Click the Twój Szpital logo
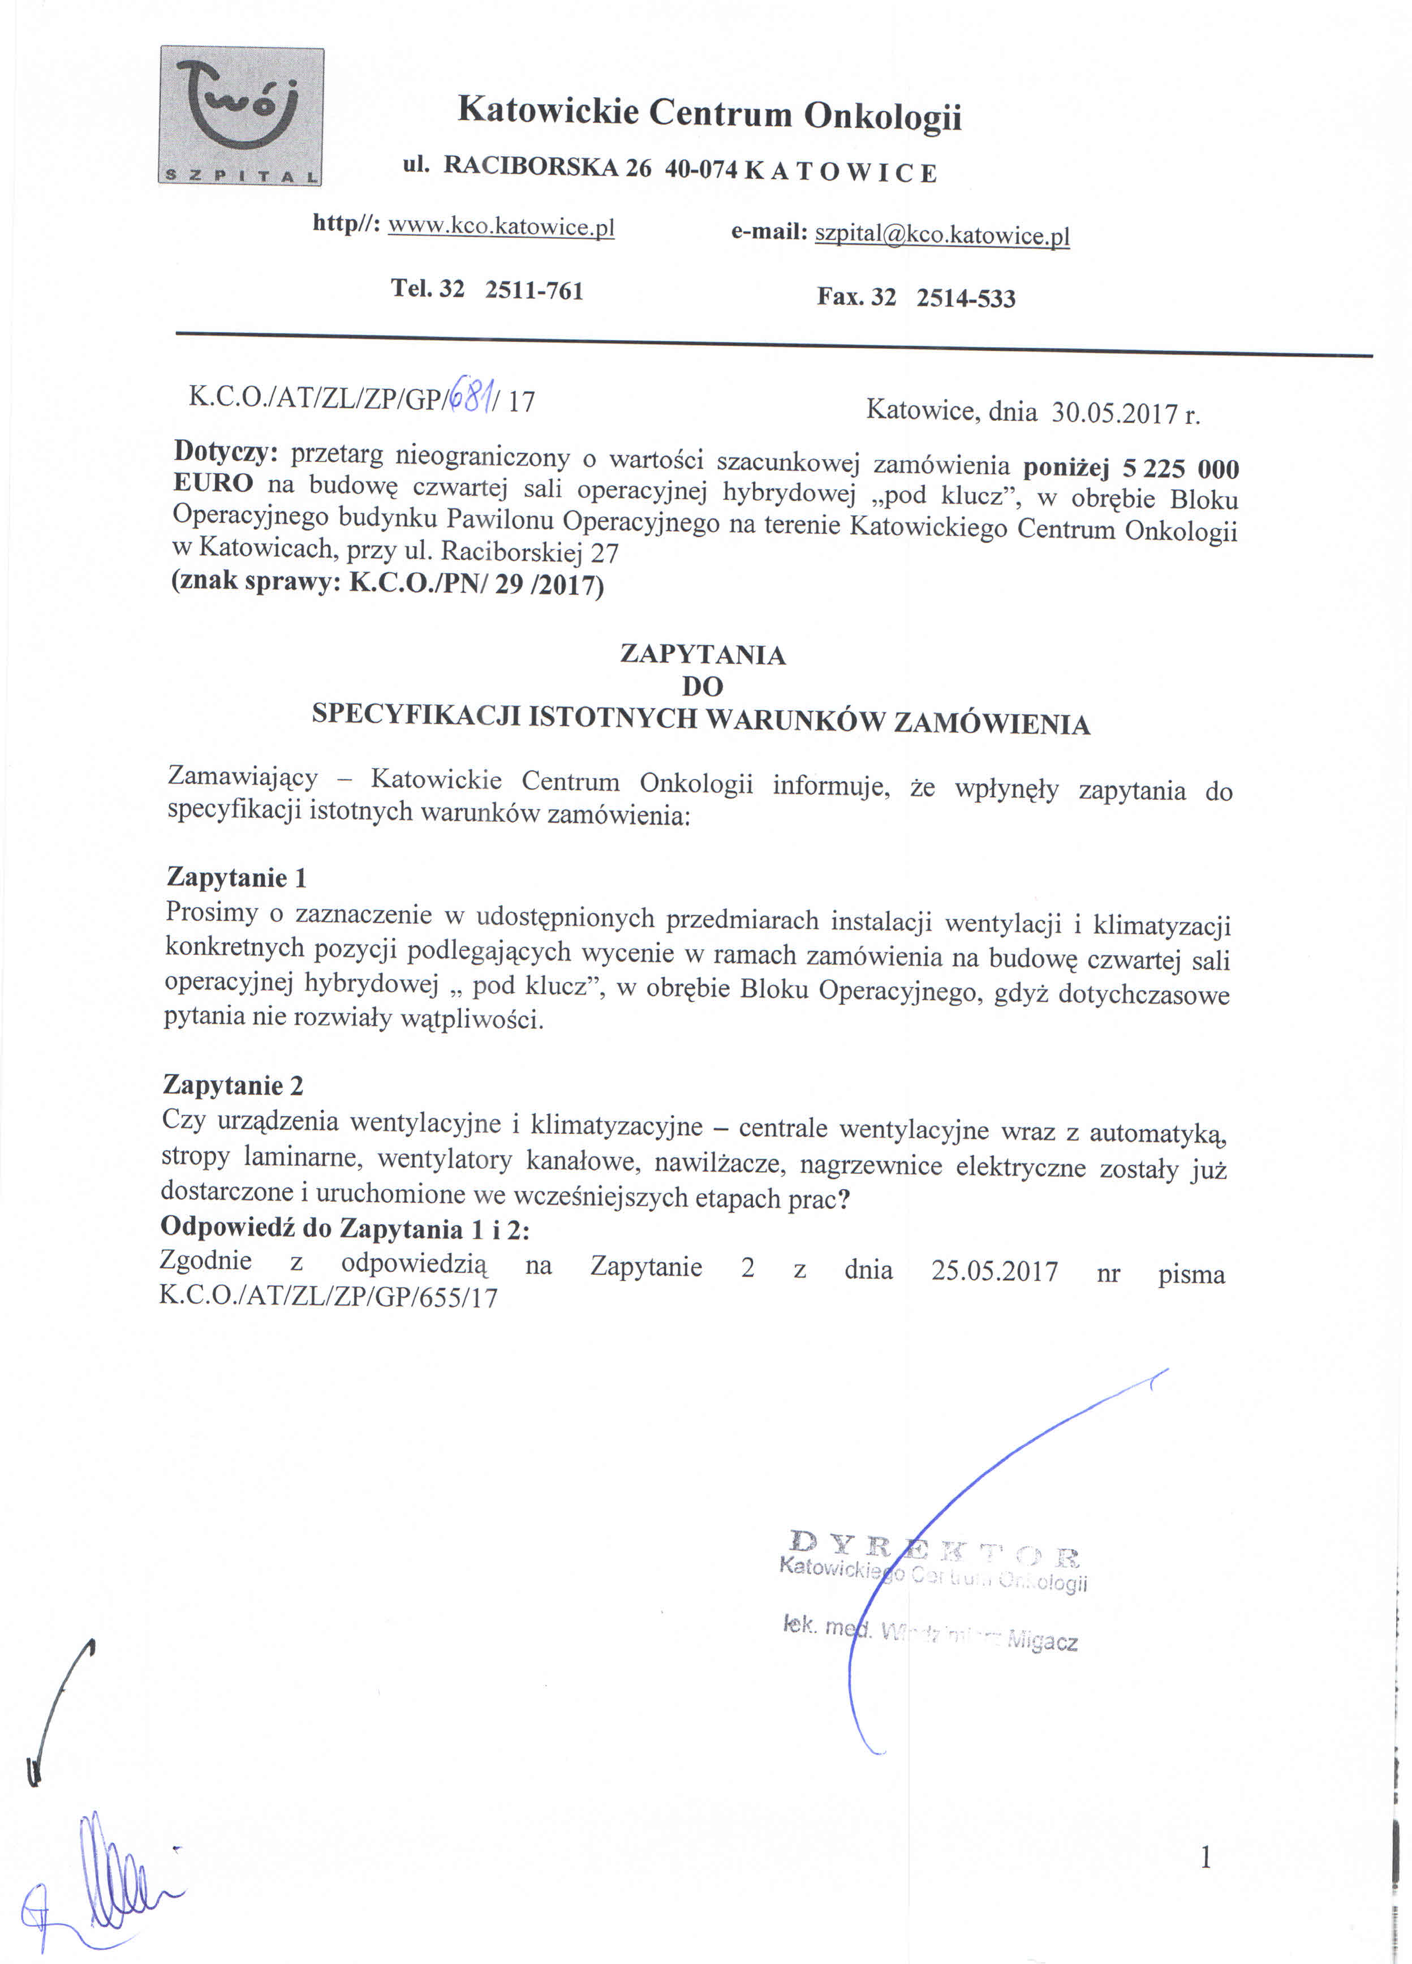(240, 116)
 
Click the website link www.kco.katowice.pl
(501, 227)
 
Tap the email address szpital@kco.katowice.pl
(942, 235)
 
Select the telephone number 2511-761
(534, 290)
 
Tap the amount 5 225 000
(1181, 469)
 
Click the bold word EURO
(213, 482)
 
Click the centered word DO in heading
(702, 687)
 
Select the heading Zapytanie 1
(236, 877)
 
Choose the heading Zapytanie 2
(233, 1085)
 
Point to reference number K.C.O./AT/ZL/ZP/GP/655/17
(329, 1296)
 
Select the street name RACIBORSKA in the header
(530, 166)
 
